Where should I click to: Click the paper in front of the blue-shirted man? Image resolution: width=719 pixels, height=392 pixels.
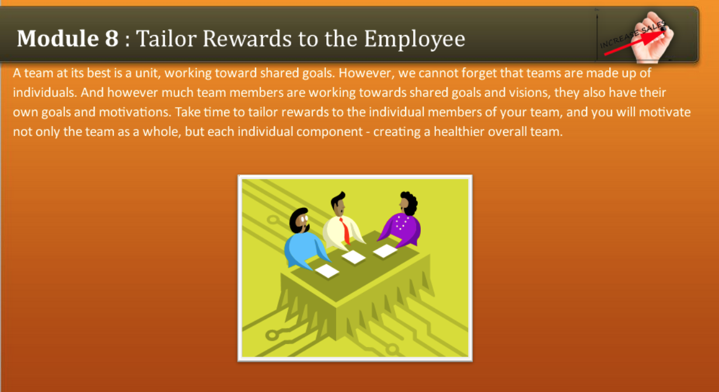coord(327,271)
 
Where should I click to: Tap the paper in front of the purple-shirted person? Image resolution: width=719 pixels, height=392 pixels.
coord(385,251)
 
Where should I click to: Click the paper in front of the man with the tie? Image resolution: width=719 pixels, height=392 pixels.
coord(354,257)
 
